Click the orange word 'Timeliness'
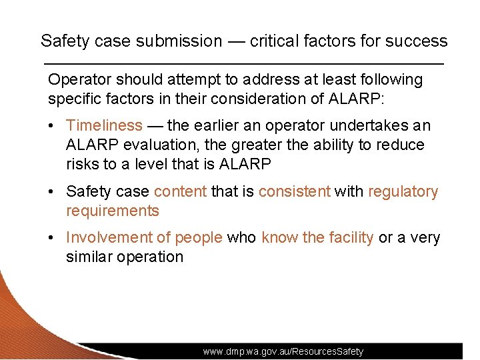104,125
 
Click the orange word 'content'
180,192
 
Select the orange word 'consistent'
294,192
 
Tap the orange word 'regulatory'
403,192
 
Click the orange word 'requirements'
113,211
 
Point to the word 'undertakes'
374,125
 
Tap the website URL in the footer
283,351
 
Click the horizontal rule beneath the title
243,63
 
